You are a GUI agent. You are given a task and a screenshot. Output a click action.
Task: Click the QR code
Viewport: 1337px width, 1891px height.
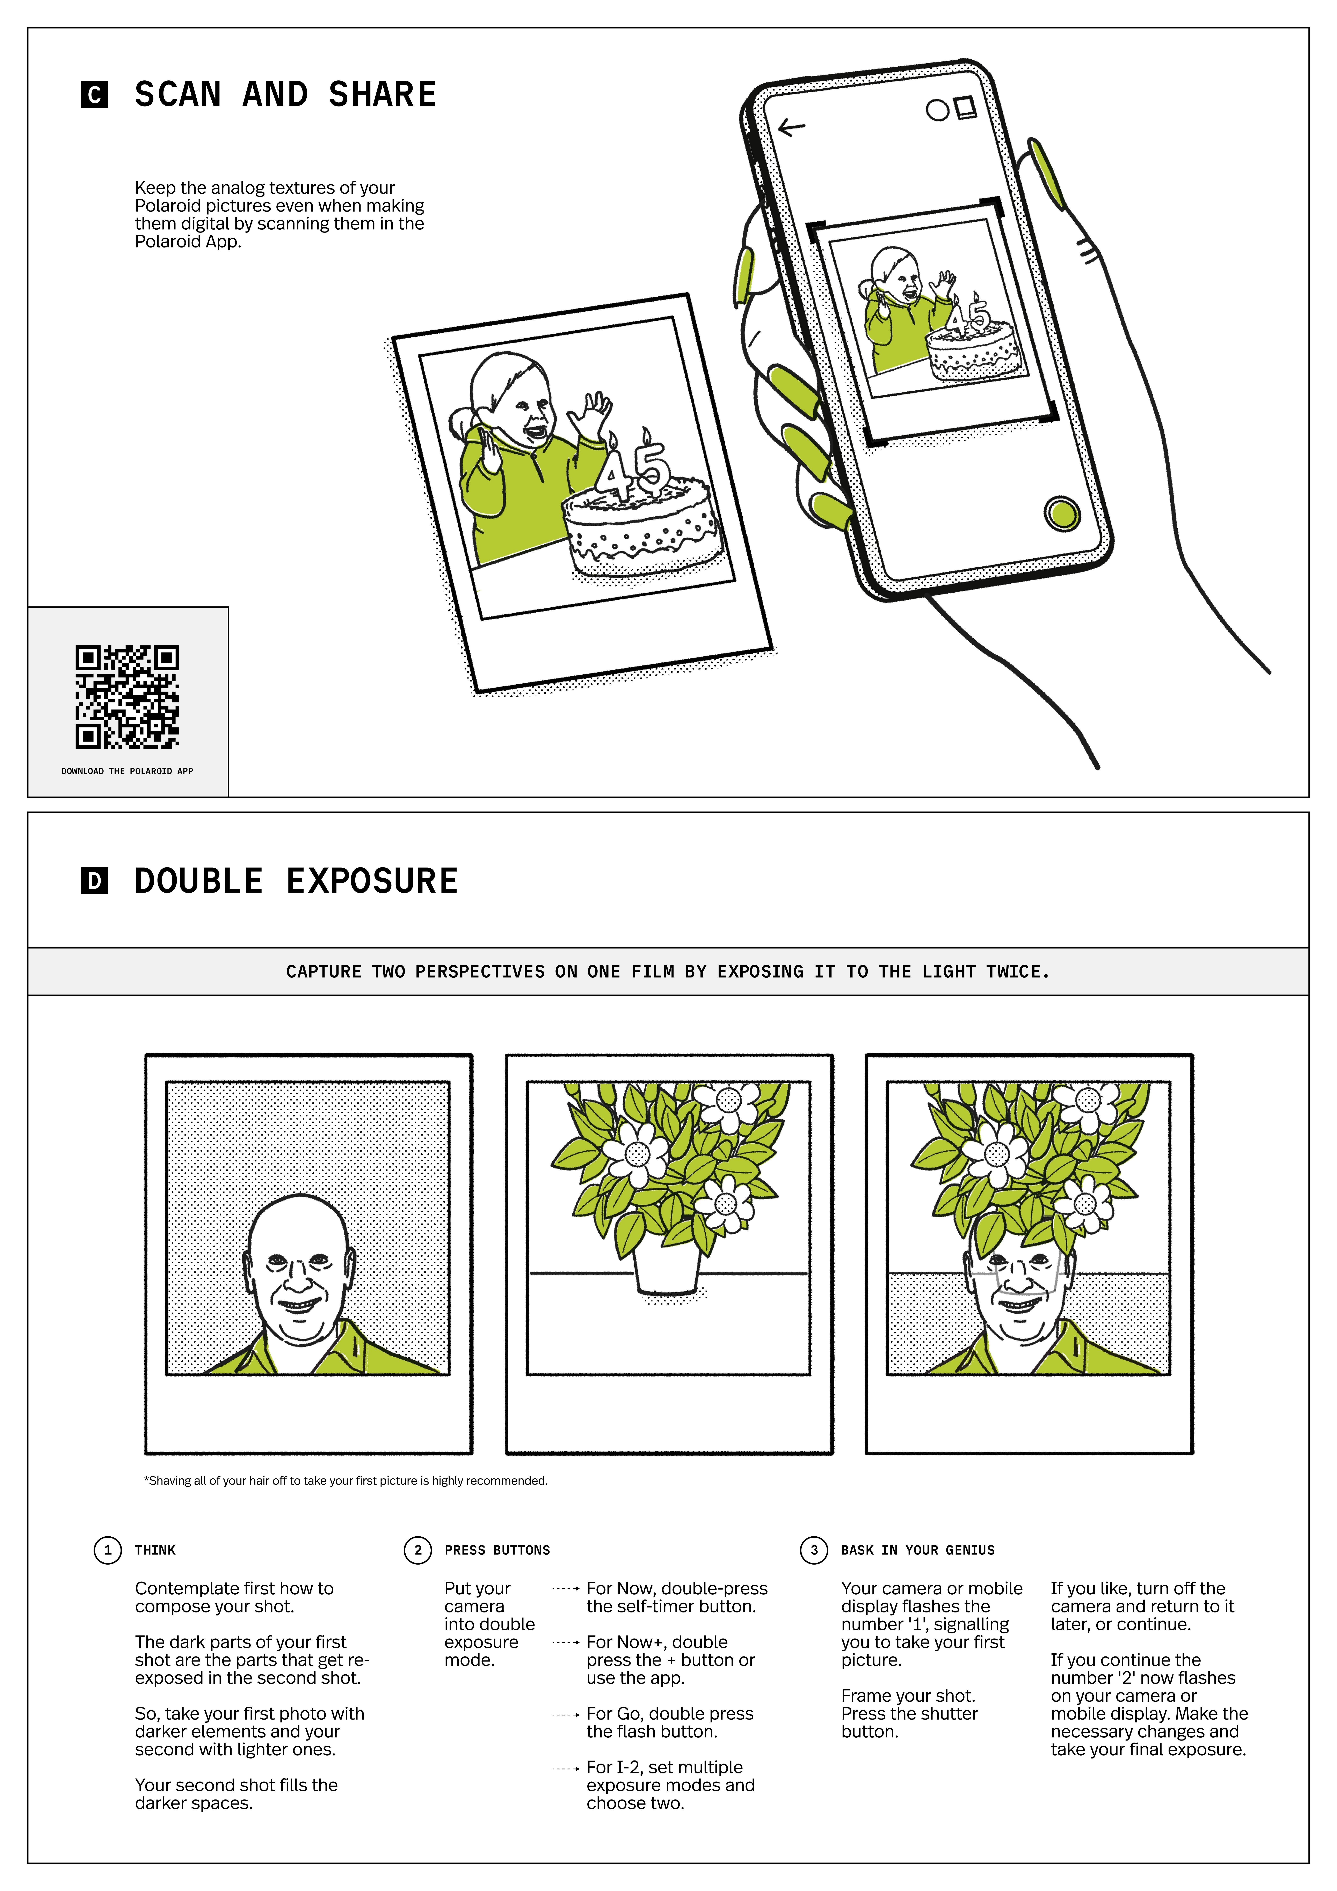(x=127, y=697)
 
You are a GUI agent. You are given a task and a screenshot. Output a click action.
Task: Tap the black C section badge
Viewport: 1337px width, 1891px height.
(x=94, y=95)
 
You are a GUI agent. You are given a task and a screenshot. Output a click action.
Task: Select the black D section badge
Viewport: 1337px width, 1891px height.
(x=94, y=881)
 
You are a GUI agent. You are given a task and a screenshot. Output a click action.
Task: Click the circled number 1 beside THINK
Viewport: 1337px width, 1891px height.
(x=108, y=1550)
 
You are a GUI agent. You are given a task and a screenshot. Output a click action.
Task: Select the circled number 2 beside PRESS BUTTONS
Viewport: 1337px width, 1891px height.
(x=418, y=1550)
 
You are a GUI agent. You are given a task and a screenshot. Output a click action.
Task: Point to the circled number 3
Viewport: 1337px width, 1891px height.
(x=814, y=1550)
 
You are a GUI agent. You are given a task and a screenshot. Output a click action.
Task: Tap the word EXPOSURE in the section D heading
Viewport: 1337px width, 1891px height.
(x=372, y=881)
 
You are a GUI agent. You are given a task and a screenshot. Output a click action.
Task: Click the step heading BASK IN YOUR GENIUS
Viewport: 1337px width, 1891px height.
(x=918, y=1550)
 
